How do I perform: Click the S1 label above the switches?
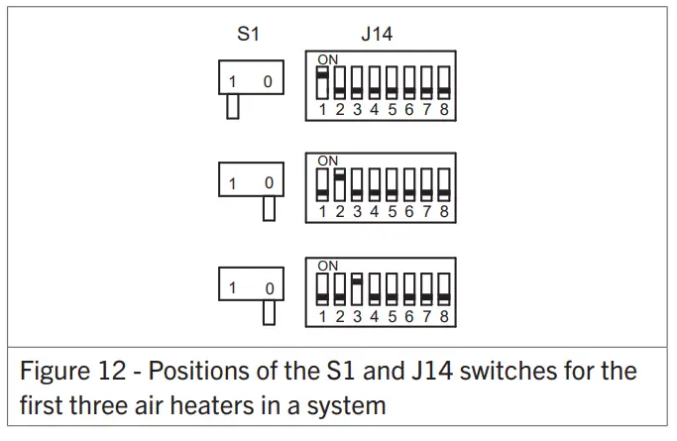pyautogui.click(x=248, y=34)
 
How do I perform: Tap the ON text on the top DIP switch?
pyautogui.click(x=328, y=59)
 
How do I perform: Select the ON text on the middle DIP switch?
pyautogui.click(x=328, y=161)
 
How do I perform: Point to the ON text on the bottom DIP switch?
pyautogui.click(x=328, y=266)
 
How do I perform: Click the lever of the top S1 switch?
pyautogui.click(x=233, y=105)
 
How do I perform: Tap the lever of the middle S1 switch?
pyautogui.click(x=269, y=207)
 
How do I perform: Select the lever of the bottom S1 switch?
pyautogui.click(x=269, y=312)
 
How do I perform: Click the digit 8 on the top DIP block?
pyautogui.click(x=444, y=109)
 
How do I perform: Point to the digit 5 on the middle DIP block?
pyautogui.click(x=392, y=211)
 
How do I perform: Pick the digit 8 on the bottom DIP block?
pyautogui.click(x=444, y=316)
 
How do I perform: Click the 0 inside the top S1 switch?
pyautogui.click(x=268, y=81)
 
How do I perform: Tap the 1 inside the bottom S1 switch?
pyautogui.click(x=233, y=288)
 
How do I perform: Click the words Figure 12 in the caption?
pyautogui.click(x=72, y=373)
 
